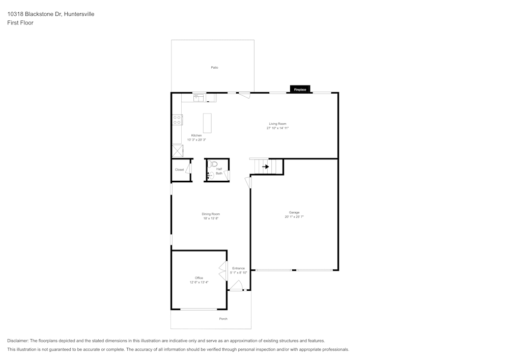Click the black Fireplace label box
click(300, 89)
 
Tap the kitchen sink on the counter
click(199, 97)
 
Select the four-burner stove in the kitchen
click(177, 120)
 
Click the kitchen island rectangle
click(207, 123)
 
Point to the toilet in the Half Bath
click(213, 164)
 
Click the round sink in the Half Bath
click(210, 175)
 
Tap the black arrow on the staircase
click(265, 167)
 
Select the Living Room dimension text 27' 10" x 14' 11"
click(277, 128)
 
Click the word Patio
click(214, 67)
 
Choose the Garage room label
click(294, 212)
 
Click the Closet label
click(179, 170)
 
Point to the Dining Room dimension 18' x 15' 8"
click(211, 218)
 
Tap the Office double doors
click(222, 271)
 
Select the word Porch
click(223, 319)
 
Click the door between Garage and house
click(248, 182)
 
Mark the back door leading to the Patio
click(244, 95)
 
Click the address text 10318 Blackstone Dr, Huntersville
click(50, 14)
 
